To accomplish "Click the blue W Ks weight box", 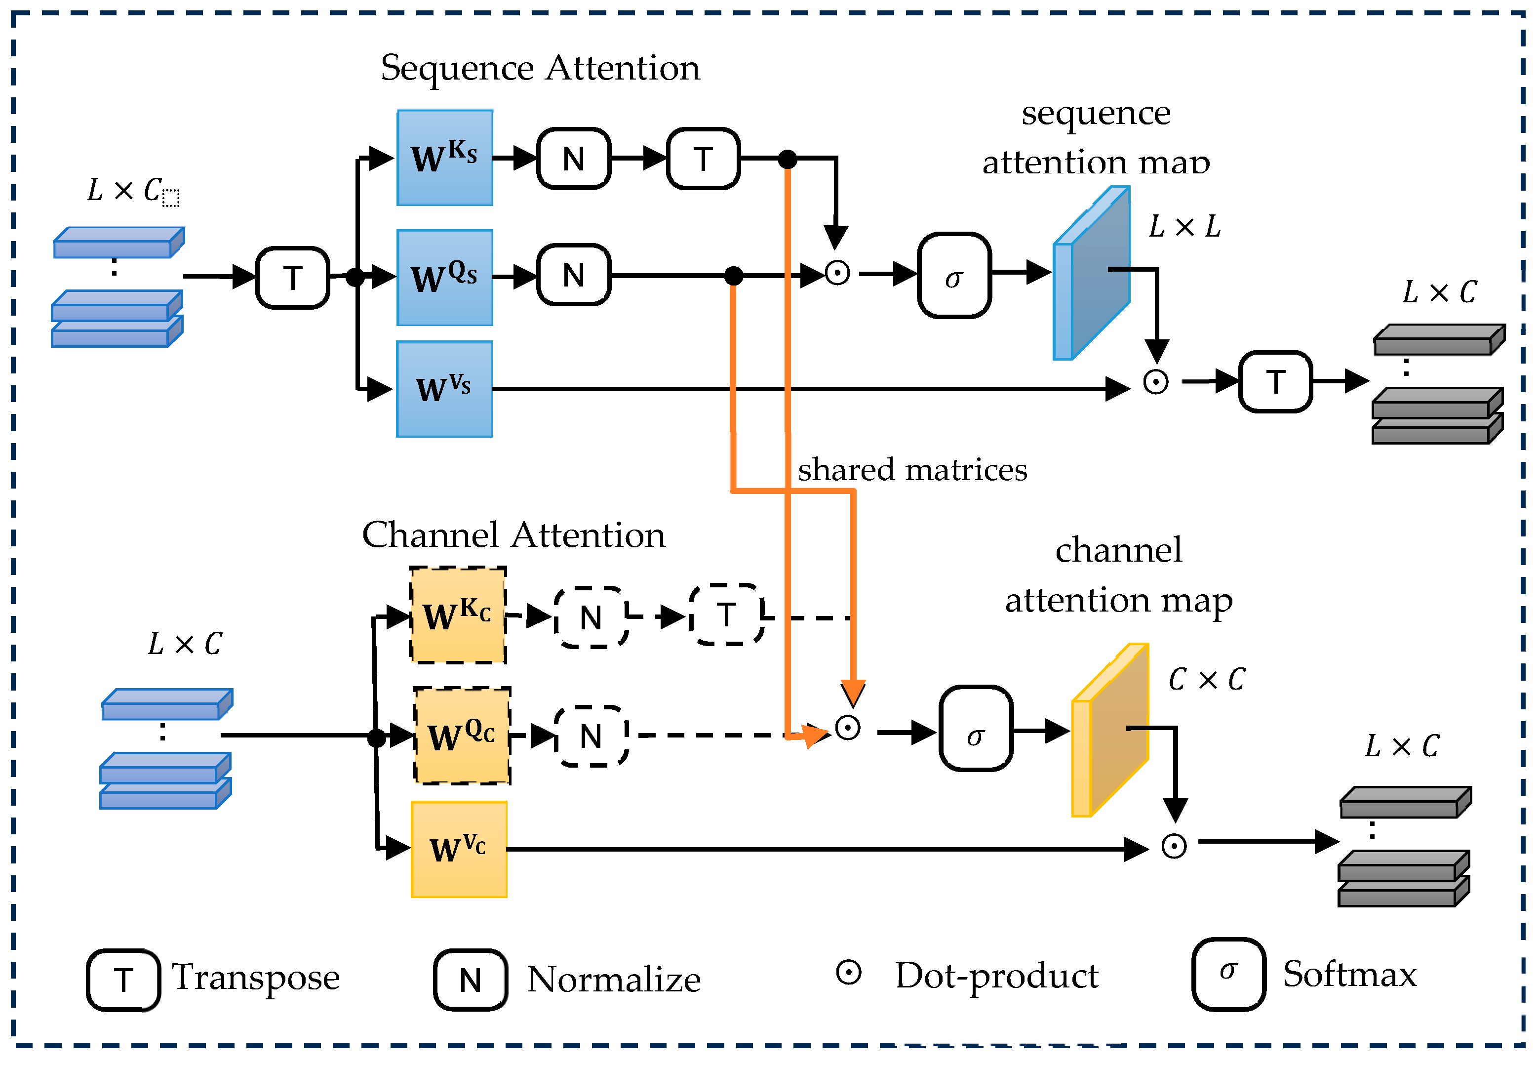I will [x=445, y=158].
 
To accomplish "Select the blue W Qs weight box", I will [x=445, y=278].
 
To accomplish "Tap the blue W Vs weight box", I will [x=444, y=389].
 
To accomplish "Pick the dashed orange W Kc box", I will [x=458, y=615].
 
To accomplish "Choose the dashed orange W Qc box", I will [x=462, y=736].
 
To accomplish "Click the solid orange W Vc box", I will [x=459, y=849].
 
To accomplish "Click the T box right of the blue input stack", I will [x=293, y=278].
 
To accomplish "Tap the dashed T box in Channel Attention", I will [x=726, y=614].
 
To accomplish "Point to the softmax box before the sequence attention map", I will [x=954, y=275].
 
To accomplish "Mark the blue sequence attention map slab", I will [x=1091, y=274].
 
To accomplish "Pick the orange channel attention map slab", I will [x=1110, y=730].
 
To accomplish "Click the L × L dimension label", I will [x=1184, y=227].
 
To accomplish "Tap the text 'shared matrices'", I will [x=912, y=470].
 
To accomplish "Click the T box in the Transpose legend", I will [x=123, y=979].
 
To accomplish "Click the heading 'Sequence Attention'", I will [x=540, y=68].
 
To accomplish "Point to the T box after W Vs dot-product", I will [x=1275, y=382].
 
